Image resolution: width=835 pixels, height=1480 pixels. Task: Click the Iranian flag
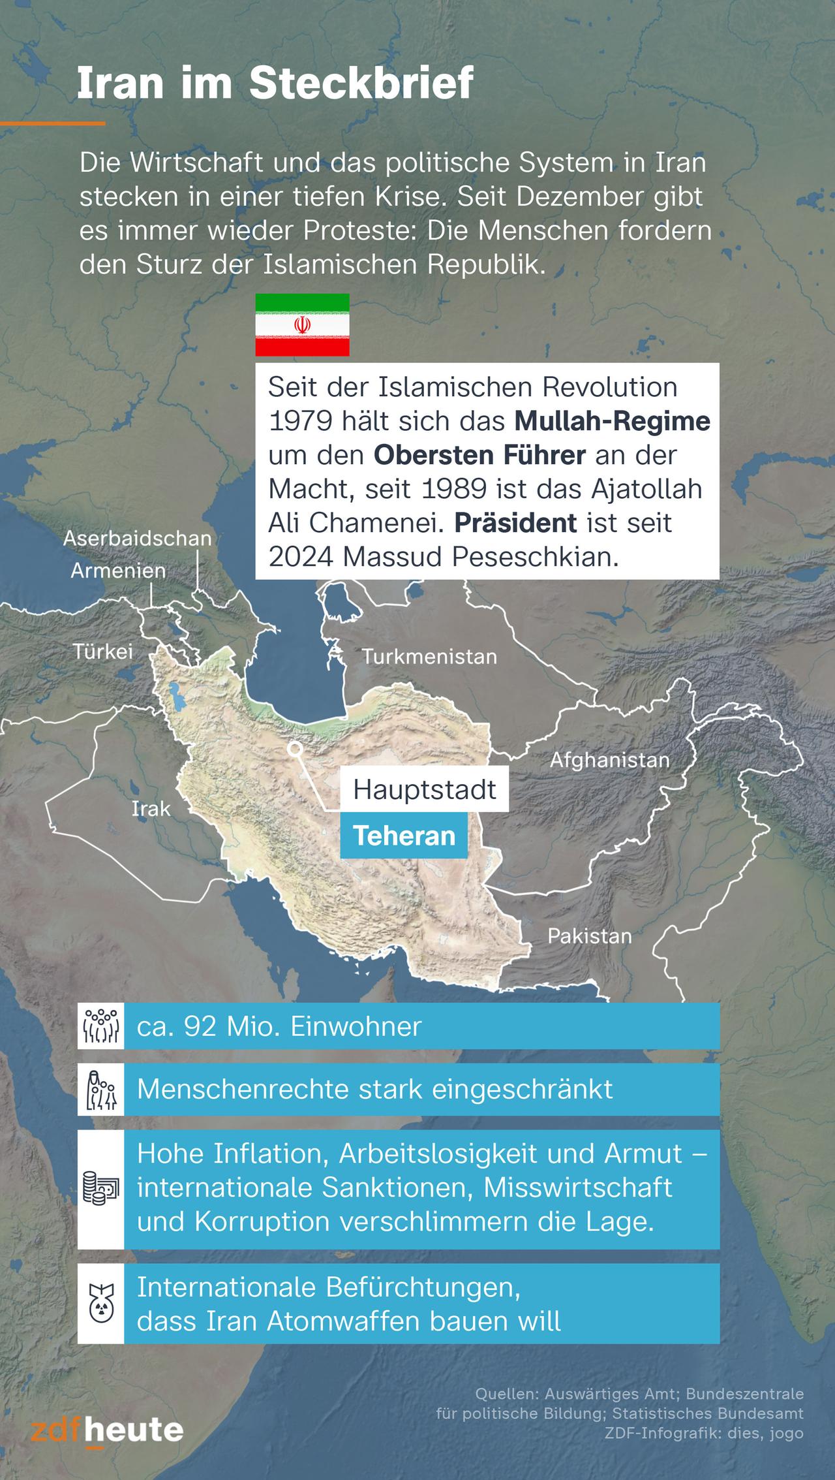(302, 324)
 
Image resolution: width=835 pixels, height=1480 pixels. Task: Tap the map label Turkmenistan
(429, 656)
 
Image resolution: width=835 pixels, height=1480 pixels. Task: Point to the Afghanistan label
(609, 760)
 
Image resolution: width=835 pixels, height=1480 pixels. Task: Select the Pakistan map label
(589, 936)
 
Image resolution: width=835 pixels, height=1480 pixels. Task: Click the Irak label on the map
(151, 809)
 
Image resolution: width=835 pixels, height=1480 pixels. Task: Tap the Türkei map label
(102, 651)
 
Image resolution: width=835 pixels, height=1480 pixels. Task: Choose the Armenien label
(118, 571)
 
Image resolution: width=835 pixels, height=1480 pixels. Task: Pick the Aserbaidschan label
(138, 538)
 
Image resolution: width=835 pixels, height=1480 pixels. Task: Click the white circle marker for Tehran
(295, 749)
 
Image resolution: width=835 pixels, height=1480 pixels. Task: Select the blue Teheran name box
(404, 836)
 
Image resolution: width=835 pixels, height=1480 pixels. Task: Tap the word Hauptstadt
(425, 790)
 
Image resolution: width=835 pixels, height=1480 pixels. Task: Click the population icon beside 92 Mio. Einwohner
(100, 1027)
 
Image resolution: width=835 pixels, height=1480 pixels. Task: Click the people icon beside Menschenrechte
(100, 1090)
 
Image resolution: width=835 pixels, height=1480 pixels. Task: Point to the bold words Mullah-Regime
(612, 421)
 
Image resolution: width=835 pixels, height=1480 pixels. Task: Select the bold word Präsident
(515, 523)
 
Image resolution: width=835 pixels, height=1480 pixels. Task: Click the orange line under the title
(52, 123)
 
